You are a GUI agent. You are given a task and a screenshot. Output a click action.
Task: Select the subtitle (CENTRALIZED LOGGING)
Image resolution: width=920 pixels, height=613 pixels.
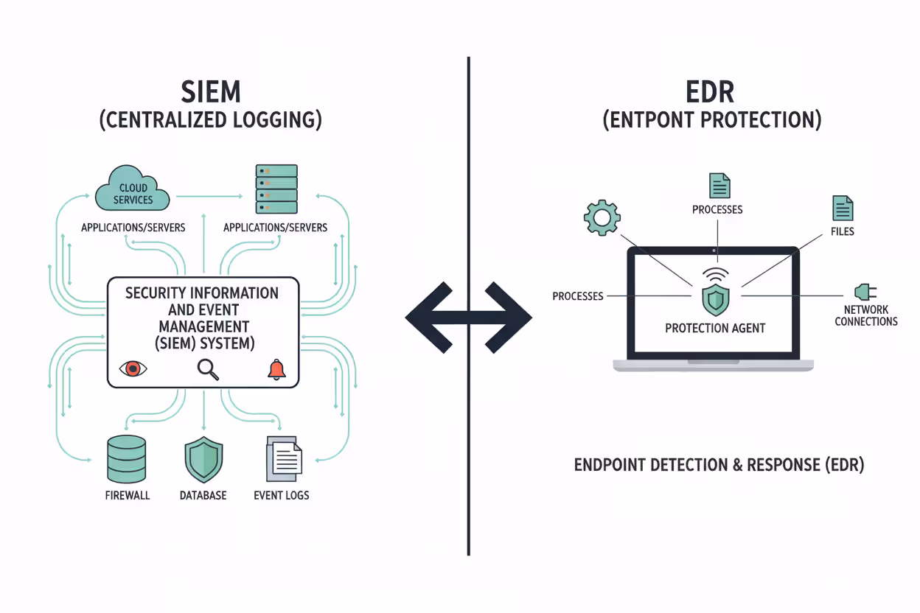tap(210, 119)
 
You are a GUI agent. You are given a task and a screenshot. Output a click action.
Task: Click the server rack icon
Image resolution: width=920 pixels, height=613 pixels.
tap(276, 189)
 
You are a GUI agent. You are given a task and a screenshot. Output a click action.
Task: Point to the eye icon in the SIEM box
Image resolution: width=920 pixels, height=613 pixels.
tap(133, 368)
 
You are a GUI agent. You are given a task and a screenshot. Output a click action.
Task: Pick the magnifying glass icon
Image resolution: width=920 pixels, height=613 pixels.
tap(208, 369)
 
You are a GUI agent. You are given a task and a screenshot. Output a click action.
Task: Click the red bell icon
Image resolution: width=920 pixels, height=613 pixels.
tap(276, 369)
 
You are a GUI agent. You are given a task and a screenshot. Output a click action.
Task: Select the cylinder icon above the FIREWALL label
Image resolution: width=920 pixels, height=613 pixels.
tap(127, 458)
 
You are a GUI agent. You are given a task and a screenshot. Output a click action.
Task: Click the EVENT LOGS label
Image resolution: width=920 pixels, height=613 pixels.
tap(281, 495)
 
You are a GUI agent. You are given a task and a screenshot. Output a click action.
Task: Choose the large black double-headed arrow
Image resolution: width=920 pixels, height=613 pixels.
tap(468, 318)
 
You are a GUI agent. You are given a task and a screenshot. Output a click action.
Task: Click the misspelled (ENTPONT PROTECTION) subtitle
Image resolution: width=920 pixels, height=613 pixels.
tap(711, 119)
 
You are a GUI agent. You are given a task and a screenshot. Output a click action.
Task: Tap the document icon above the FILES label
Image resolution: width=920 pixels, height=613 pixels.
tap(843, 209)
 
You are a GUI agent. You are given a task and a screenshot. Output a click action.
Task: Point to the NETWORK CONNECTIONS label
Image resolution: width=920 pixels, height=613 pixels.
tap(866, 315)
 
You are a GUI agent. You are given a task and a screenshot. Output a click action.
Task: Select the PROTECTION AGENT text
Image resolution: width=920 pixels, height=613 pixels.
tap(715, 328)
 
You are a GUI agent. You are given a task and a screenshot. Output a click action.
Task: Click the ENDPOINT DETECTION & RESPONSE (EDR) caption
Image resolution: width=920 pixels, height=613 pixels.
tap(719, 465)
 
